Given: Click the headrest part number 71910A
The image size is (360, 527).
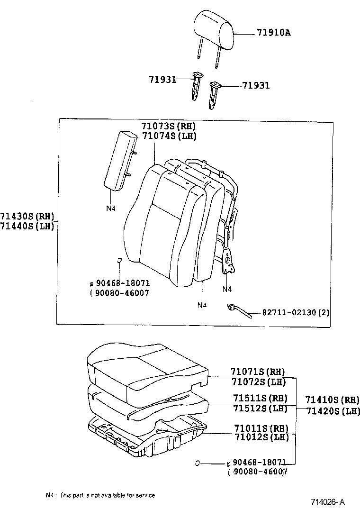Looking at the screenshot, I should tap(273, 33).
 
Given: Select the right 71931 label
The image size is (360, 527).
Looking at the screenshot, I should tap(256, 86).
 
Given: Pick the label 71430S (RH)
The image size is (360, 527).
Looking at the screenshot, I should tap(27, 217).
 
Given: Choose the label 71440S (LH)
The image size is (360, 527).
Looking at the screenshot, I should tap(27, 227).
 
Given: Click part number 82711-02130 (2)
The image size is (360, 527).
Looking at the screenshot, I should tap(296, 313).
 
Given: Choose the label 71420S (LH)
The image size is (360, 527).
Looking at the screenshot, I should tap(332, 411).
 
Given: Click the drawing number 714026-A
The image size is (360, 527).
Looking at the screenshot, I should tap(328, 502).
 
